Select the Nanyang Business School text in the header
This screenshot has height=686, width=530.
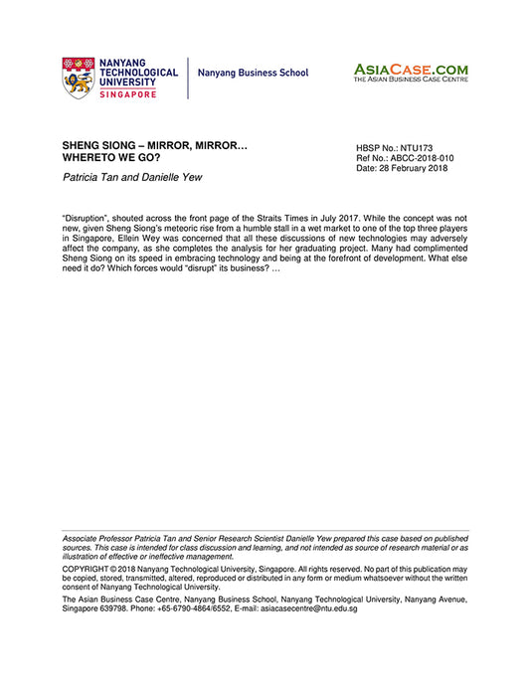tap(253, 74)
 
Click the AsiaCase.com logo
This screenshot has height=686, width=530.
tap(411, 70)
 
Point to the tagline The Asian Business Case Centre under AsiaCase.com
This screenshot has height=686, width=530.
tap(411, 81)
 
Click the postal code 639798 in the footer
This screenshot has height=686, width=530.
tap(116, 608)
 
